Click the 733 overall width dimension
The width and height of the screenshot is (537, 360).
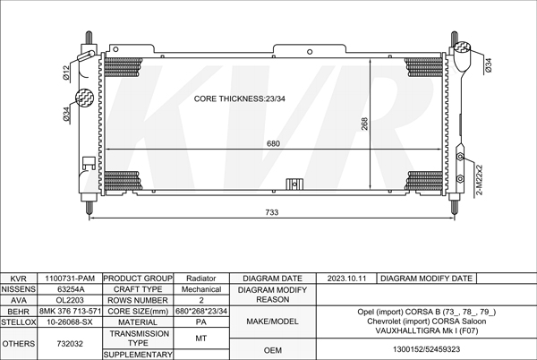pyautogui.click(x=272, y=212)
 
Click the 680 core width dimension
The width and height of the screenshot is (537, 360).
pyautogui.click(x=273, y=143)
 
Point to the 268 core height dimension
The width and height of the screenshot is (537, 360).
pyautogui.click(x=365, y=124)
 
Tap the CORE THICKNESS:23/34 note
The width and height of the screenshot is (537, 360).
pyautogui.click(x=239, y=99)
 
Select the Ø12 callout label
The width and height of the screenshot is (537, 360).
pyautogui.click(x=66, y=73)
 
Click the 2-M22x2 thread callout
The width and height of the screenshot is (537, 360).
pyautogui.click(x=480, y=180)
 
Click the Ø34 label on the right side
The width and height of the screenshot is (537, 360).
pyautogui.click(x=489, y=65)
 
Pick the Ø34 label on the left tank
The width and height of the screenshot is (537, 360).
pyautogui.click(x=66, y=114)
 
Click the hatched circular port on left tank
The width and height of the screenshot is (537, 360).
pyautogui.click(x=84, y=98)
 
